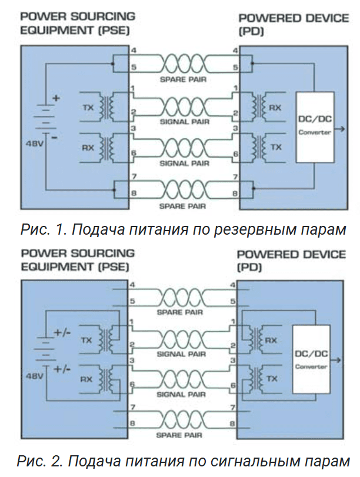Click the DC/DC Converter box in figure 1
point(314,126)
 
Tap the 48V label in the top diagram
point(32,143)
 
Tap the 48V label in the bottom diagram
point(32,374)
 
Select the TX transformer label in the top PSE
point(88,108)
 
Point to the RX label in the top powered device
point(275,108)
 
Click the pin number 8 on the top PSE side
point(134,192)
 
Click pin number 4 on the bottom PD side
point(234,286)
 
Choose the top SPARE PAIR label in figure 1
point(182,78)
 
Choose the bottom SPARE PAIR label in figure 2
point(181,435)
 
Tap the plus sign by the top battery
point(56,98)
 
